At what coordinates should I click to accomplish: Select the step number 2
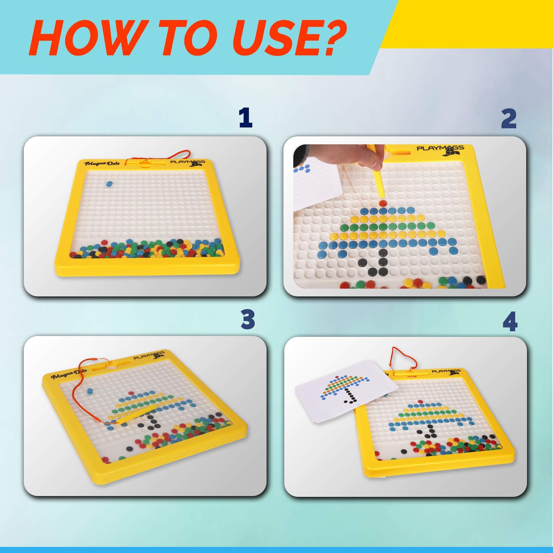pos(509,119)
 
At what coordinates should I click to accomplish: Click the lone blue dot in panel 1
pos(109,184)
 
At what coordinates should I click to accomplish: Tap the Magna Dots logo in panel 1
pos(101,163)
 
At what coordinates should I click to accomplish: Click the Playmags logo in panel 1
pos(188,163)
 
